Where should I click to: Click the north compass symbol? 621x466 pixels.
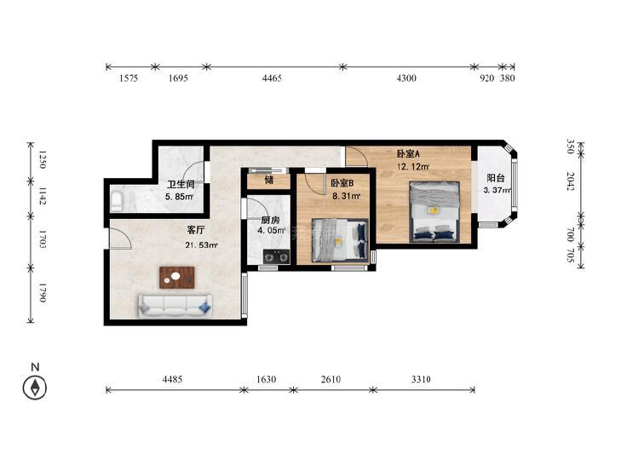pos(35,388)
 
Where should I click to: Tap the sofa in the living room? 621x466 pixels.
pos(175,305)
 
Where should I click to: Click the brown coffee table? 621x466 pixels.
pos(177,278)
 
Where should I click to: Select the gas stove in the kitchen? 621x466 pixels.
pos(277,257)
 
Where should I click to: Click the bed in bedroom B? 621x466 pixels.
pos(340,240)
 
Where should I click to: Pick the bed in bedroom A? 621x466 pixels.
pos(434,211)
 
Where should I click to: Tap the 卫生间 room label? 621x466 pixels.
pos(181,184)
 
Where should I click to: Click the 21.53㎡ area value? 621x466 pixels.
pos(201,245)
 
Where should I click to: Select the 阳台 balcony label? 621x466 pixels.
pos(496,178)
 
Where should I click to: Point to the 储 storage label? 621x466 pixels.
pos(269,180)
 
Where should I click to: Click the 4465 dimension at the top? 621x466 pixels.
pos(272,78)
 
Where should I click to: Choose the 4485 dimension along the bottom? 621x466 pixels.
pos(172,379)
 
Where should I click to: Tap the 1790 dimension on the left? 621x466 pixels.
pos(43,292)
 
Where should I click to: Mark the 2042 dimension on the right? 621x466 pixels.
pos(570,181)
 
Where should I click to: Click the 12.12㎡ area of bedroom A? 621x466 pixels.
pos(413,167)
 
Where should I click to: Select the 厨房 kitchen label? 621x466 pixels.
pos(270,220)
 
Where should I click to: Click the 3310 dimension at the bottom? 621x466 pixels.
pos(421,379)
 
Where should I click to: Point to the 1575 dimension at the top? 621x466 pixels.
pos(129,78)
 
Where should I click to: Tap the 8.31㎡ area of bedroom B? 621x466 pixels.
pos(347,196)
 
